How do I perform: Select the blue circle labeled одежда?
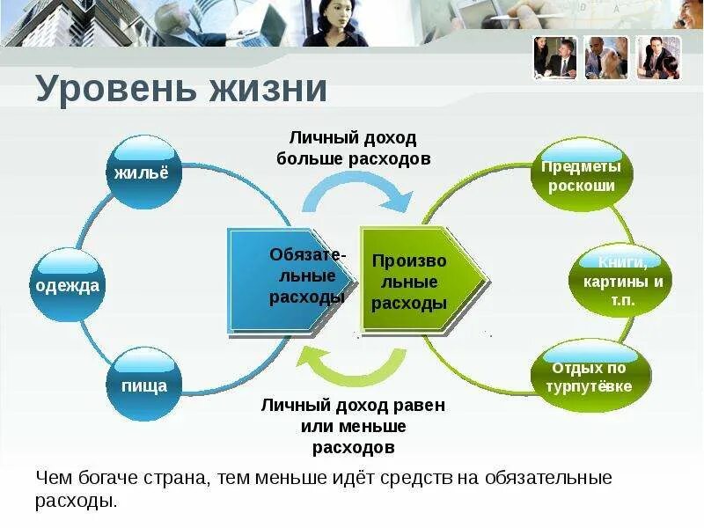coord(68,284)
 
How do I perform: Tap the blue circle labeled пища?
coord(143,385)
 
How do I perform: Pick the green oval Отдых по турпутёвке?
coord(590,377)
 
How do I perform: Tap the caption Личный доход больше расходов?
coord(353,149)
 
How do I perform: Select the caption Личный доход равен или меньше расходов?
coord(353,427)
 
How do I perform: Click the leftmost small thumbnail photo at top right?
coord(554,58)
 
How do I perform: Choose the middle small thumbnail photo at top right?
coord(606,58)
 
